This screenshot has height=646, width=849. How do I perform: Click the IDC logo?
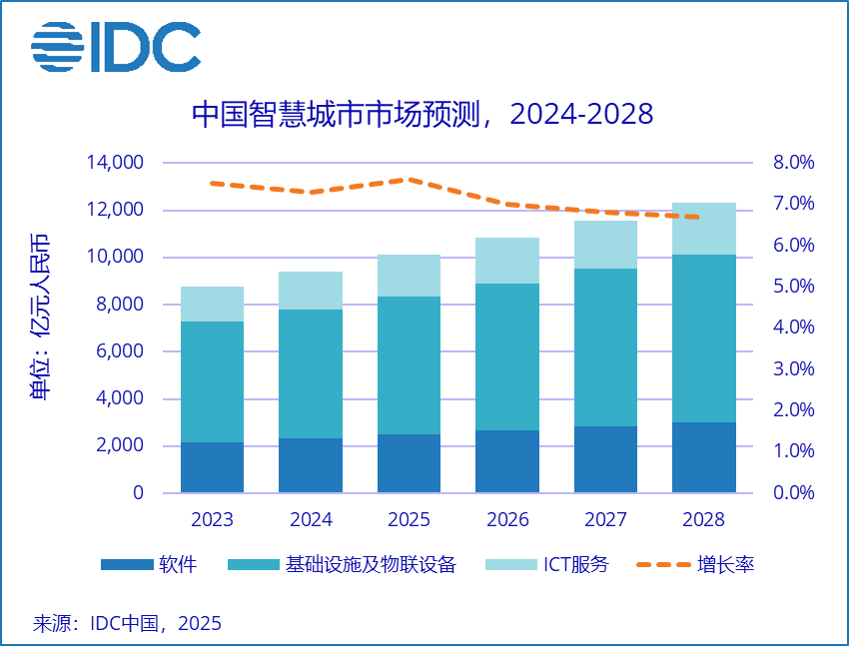tap(115, 45)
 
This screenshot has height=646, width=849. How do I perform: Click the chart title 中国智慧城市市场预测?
tap(422, 113)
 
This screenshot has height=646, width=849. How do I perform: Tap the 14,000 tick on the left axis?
tap(116, 163)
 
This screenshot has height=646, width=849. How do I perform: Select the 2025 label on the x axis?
tap(409, 520)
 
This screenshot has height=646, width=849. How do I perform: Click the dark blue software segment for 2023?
tap(212, 467)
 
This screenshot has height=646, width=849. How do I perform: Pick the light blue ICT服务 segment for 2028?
tap(703, 229)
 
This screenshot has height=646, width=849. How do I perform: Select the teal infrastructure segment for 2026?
tap(506, 356)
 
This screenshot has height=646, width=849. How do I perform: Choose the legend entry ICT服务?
tap(546, 565)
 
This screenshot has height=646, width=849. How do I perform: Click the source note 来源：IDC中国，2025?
tap(127, 624)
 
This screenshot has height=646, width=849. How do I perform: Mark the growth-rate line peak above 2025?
tap(409, 180)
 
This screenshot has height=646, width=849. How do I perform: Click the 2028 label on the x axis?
tap(703, 520)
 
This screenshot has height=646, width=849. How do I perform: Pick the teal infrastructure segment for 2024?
tap(310, 373)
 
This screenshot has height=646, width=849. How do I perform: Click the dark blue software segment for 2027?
tap(605, 459)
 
